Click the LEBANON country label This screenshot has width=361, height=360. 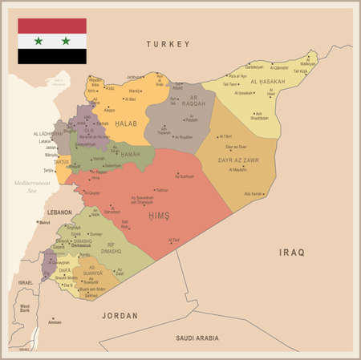[60, 212]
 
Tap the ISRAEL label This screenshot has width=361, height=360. [26, 283]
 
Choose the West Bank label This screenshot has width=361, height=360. [25, 308]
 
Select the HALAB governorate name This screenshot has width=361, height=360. [126, 123]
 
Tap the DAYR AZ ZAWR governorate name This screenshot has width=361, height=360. [237, 160]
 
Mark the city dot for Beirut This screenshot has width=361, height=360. [39, 222]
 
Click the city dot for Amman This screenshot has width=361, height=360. [48, 322]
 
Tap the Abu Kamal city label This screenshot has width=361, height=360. [253, 194]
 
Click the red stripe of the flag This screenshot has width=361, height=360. [52, 25]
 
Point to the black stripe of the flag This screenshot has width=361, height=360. [52, 56]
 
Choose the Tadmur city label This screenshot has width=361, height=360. [163, 190]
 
